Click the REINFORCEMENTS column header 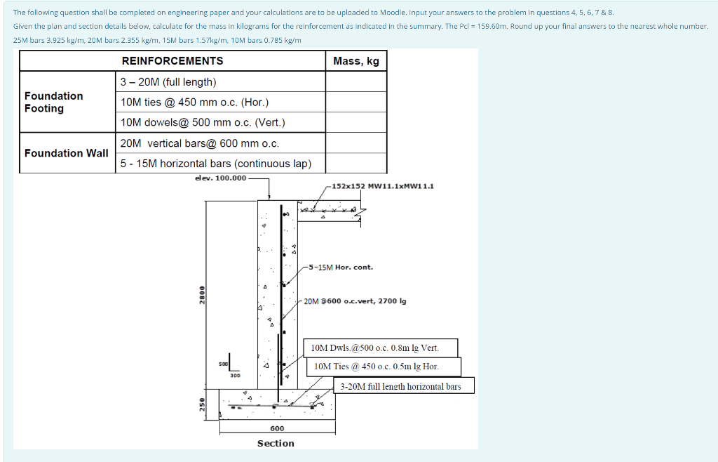(172, 61)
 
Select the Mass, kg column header (356, 61)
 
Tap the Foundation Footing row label (53, 102)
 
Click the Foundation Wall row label (67, 153)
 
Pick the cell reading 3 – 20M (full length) (168, 82)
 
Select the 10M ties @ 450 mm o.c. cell (194, 103)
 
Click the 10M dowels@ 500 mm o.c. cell (203, 123)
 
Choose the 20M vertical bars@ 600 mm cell (200, 143)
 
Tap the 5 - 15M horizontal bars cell (215, 164)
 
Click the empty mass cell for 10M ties (356, 103)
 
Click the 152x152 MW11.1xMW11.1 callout (383, 186)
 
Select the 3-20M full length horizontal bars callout (400, 386)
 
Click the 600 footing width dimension (277, 428)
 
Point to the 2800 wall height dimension (202, 295)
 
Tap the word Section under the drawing (276, 444)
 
